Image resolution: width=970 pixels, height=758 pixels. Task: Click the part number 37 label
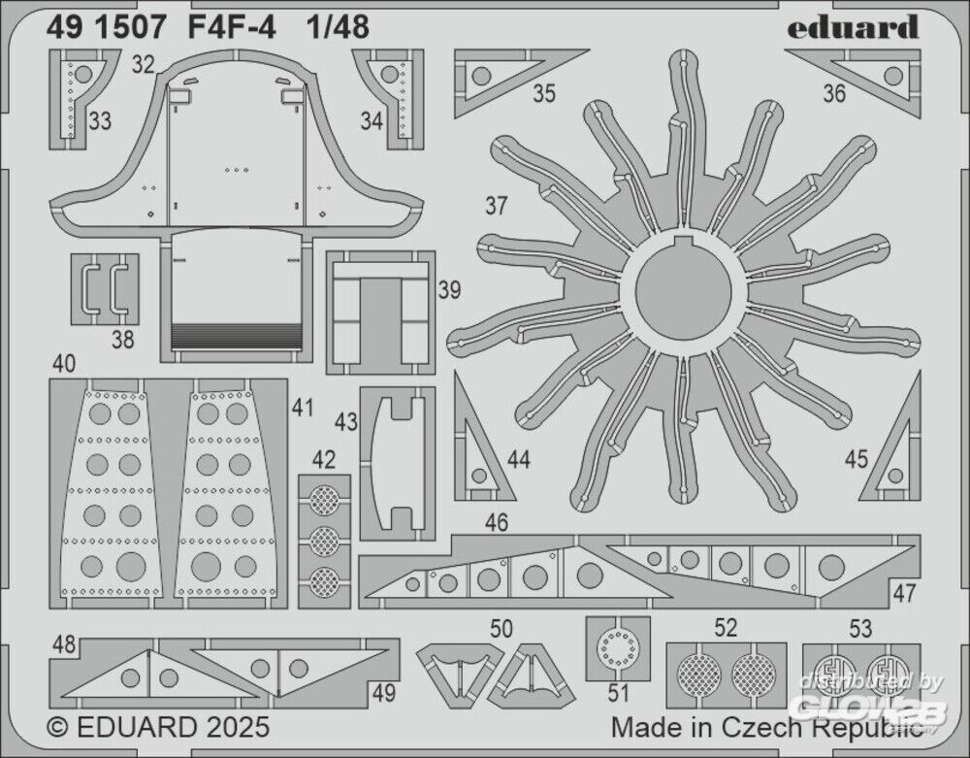[x=497, y=207]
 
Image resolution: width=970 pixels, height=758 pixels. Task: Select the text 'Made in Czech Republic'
[x=766, y=726]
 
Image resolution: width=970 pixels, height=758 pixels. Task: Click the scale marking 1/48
[x=339, y=29]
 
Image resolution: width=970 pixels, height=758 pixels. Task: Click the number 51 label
[x=620, y=693]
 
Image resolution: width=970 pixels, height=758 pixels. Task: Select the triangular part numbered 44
[x=478, y=451]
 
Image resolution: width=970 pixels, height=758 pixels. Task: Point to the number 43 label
[x=346, y=422]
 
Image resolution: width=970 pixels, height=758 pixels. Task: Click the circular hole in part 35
[x=480, y=73]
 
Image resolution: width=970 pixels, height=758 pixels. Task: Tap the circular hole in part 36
[x=893, y=75]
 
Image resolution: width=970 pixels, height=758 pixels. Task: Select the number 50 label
[x=501, y=628]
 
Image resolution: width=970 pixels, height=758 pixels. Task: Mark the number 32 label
[x=144, y=65]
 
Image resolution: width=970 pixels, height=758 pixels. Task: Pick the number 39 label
[x=449, y=290]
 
